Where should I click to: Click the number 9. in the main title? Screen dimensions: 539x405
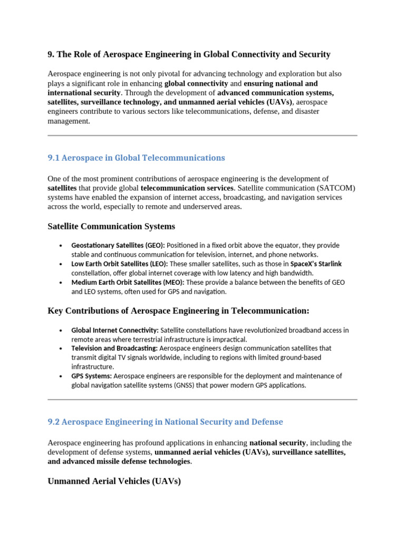(x=51, y=54)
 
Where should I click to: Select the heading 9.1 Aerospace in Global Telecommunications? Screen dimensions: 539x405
(x=136, y=158)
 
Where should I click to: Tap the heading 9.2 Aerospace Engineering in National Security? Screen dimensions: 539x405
(x=165, y=422)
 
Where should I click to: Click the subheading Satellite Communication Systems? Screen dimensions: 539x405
(x=111, y=227)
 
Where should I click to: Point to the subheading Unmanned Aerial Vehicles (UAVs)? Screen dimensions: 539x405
(x=114, y=481)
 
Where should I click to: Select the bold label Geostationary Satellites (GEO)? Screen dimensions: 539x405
(x=118, y=245)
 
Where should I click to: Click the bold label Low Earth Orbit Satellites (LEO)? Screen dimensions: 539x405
(x=120, y=264)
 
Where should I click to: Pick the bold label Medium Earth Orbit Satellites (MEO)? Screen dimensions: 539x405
(x=128, y=282)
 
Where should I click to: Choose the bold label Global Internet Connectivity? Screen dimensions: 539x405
(x=115, y=330)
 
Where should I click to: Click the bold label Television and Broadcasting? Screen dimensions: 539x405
(x=114, y=348)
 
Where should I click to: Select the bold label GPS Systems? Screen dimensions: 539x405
(x=92, y=376)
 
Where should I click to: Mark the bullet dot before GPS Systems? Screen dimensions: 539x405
(x=61, y=376)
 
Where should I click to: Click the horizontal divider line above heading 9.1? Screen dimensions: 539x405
(x=202, y=135)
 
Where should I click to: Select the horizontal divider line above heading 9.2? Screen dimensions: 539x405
(x=202, y=400)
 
